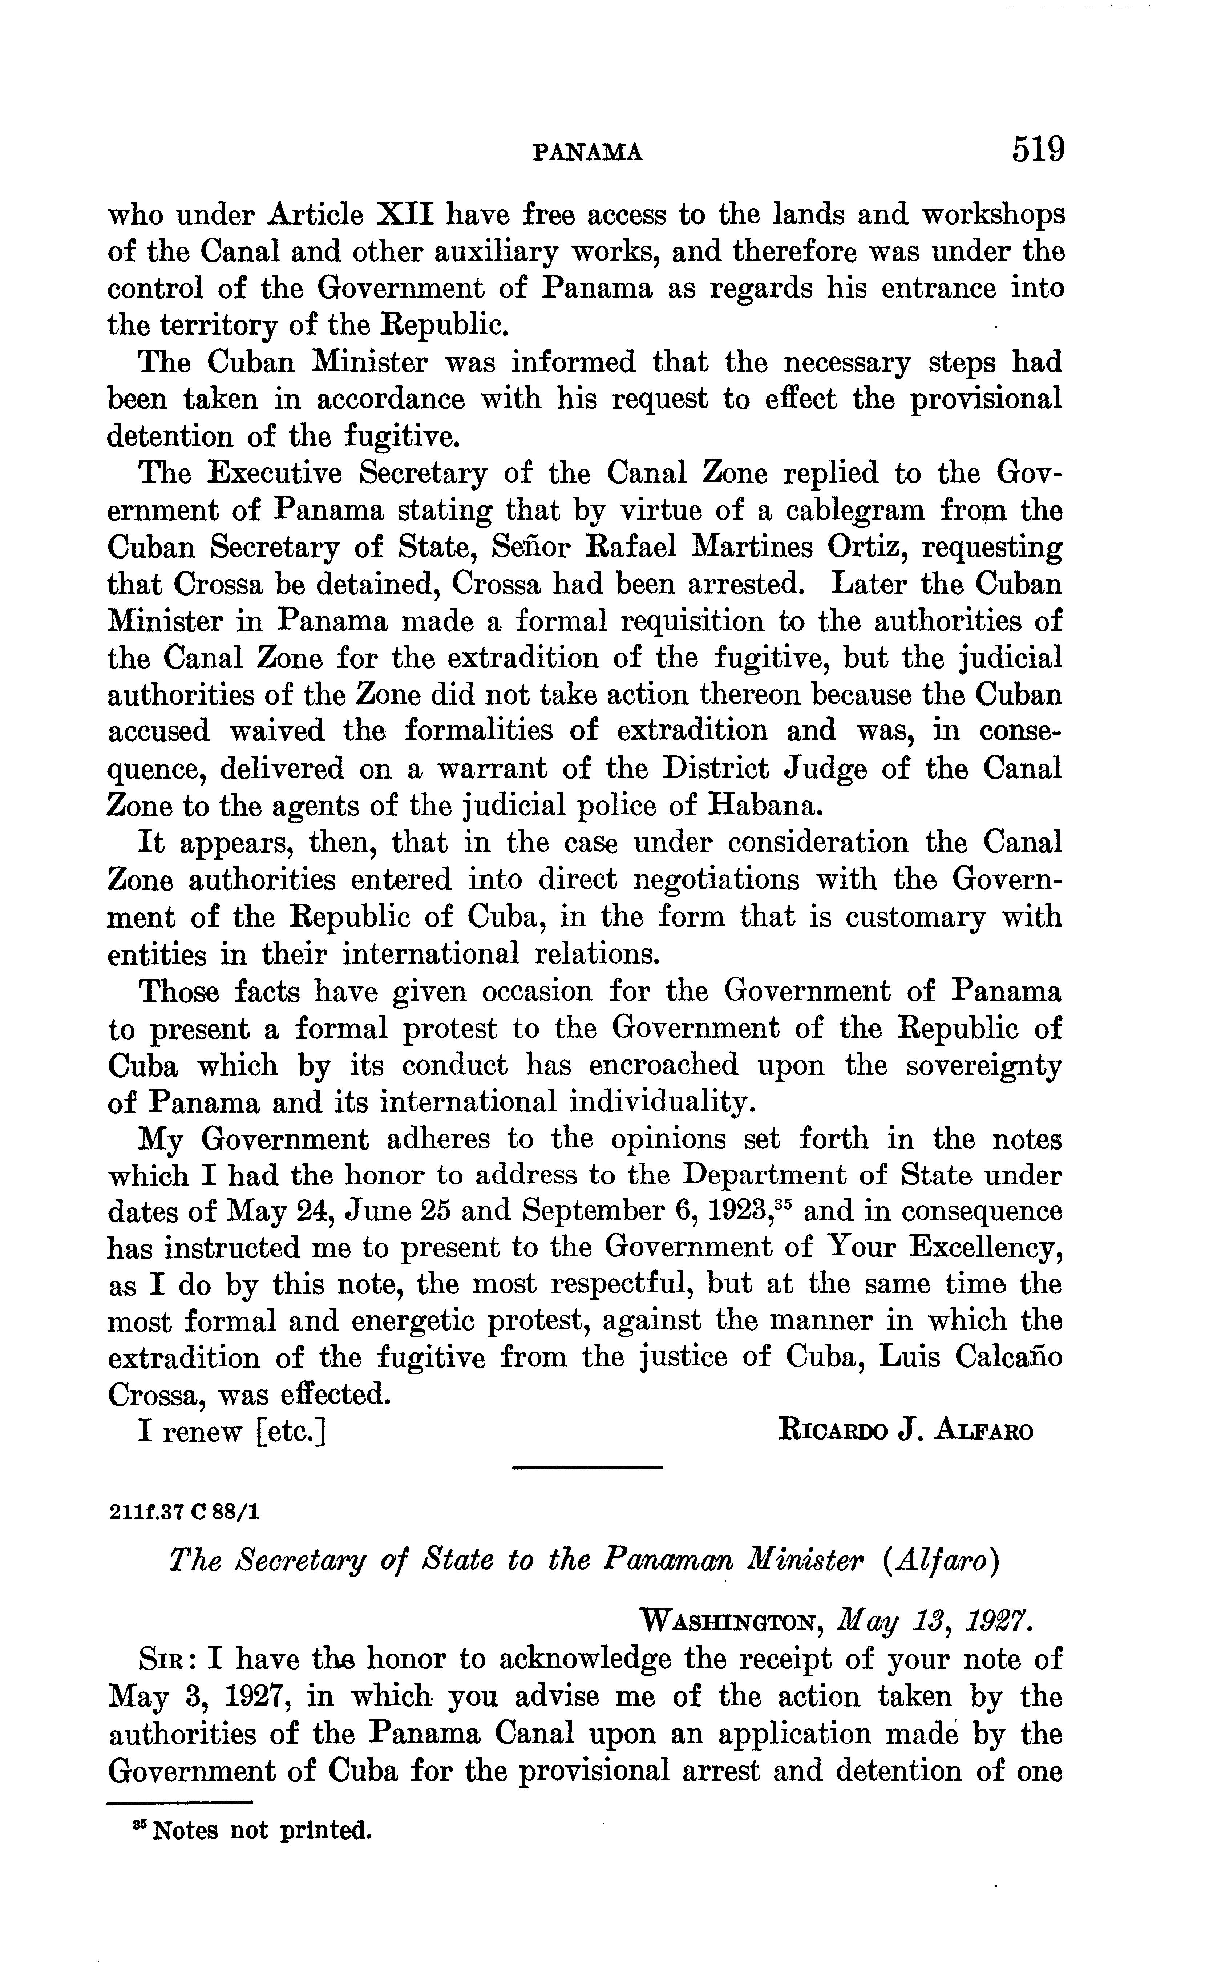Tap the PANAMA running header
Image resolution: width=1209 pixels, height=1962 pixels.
(x=588, y=152)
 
